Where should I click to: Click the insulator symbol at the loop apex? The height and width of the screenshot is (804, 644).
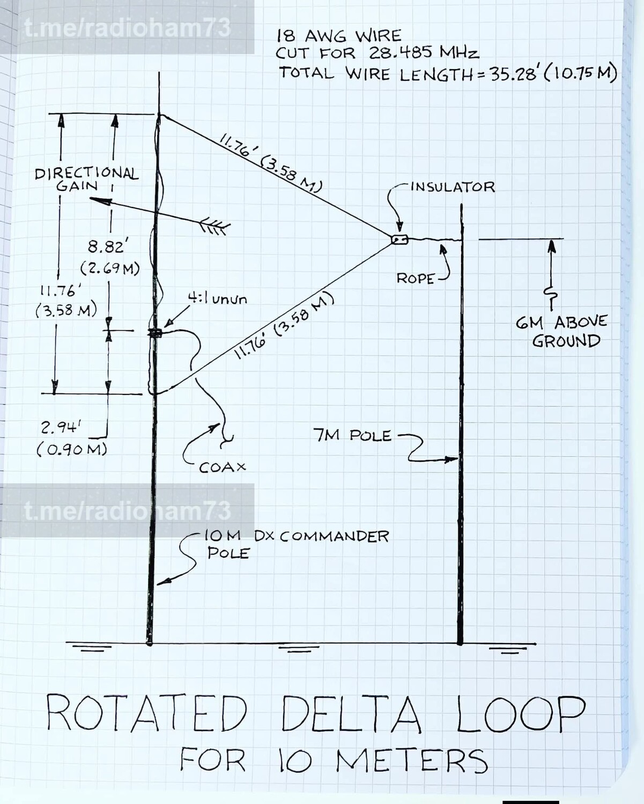pyautogui.click(x=399, y=240)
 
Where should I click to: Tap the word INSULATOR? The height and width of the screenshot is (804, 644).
pyautogui.click(x=453, y=187)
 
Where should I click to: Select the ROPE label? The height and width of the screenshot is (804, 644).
pyautogui.click(x=415, y=279)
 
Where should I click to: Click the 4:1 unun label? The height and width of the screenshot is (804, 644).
pyautogui.click(x=217, y=299)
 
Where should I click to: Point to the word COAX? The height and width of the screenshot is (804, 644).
pyautogui.click(x=222, y=468)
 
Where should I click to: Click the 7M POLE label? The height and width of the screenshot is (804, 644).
pyautogui.click(x=352, y=435)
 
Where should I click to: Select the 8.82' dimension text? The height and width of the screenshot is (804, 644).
pyautogui.click(x=106, y=247)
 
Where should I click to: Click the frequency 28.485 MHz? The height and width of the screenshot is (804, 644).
pyautogui.click(x=424, y=53)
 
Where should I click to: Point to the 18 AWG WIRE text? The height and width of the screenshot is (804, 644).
pyautogui.click(x=339, y=36)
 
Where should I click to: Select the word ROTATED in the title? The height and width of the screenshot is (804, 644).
pyautogui.click(x=146, y=713)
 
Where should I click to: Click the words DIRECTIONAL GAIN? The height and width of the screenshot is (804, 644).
pyautogui.click(x=86, y=179)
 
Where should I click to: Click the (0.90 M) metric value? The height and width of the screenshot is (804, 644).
pyautogui.click(x=72, y=449)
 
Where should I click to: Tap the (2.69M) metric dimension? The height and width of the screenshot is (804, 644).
pyautogui.click(x=110, y=268)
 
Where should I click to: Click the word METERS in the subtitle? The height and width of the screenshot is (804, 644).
pyautogui.click(x=412, y=761)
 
